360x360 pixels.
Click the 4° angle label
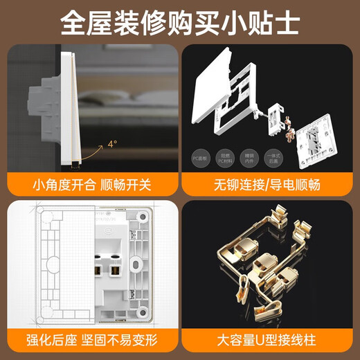click(x=111, y=144)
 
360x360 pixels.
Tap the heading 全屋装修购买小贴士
click(x=180, y=22)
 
